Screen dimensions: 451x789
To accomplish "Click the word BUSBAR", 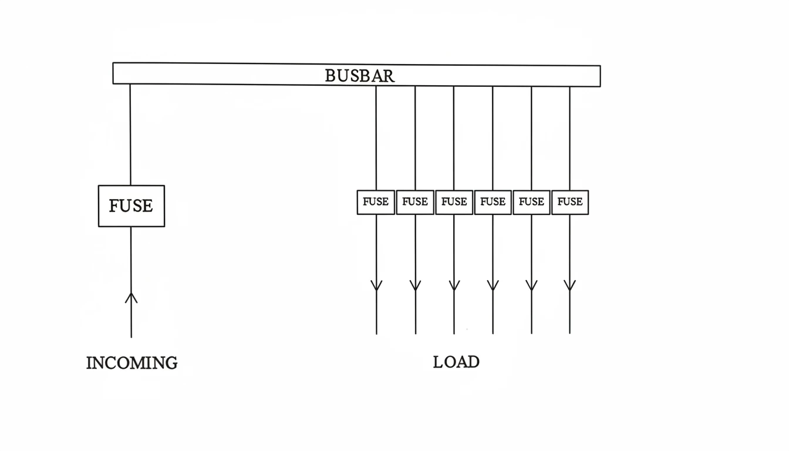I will pyautogui.click(x=359, y=75).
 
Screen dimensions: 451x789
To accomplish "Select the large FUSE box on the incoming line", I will pyautogui.click(x=131, y=206).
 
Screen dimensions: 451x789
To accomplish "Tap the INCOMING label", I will pyautogui.click(x=131, y=363).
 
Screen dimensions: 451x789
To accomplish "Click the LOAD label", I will pyautogui.click(x=456, y=362).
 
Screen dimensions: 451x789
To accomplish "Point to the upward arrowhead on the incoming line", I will pyautogui.click(x=131, y=298).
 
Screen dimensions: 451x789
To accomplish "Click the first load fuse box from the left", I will pyautogui.click(x=376, y=202).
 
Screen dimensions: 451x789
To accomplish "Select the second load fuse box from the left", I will pyautogui.click(x=415, y=202).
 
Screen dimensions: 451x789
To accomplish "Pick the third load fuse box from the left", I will pyautogui.click(x=454, y=202).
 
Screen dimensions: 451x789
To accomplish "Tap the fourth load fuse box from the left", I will pyautogui.click(x=493, y=202).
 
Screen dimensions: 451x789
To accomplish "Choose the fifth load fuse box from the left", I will pyautogui.click(x=531, y=202).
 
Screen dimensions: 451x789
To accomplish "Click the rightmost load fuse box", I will pyautogui.click(x=569, y=202).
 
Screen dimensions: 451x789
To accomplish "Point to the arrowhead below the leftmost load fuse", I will pyautogui.click(x=376, y=286).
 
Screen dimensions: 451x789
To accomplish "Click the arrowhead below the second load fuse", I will pyautogui.click(x=415, y=286).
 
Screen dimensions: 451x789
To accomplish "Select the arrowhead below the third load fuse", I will pyautogui.click(x=454, y=286).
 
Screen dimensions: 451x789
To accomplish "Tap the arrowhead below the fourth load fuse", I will pyautogui.click(x=493, y=286).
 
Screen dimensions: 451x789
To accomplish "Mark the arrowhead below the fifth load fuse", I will pyautogui.click(x=531, y=286).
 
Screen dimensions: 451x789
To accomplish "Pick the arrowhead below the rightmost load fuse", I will pyautogui.click(x=569, y=286).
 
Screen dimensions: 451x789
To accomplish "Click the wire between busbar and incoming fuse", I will pyautogui.click(x=130, y=135).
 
